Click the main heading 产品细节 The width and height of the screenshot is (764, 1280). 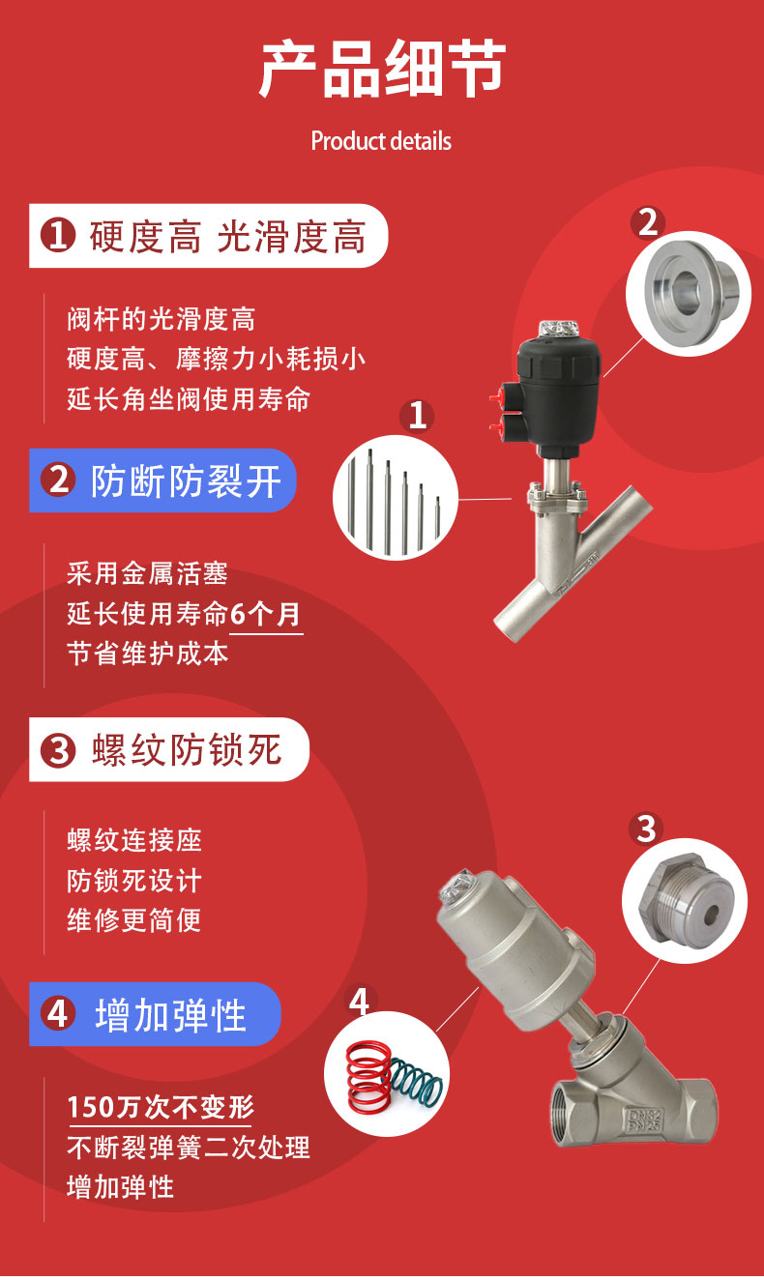point(382,69)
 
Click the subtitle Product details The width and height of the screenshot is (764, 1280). point(381,141)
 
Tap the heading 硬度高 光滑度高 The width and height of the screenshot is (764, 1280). point(228,237)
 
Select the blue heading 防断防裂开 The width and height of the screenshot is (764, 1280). point(186,480)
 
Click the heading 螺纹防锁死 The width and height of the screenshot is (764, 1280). point(186,750)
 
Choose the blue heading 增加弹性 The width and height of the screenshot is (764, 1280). point(170,1015)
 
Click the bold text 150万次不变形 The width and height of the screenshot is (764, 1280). point(161,1106)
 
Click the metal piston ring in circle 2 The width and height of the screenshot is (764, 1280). point(689,286)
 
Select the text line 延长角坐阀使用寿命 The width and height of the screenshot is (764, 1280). point(189,399)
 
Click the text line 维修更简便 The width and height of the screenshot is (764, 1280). point(133,919)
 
